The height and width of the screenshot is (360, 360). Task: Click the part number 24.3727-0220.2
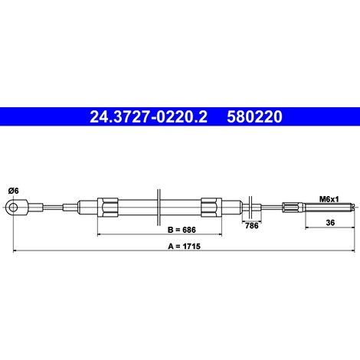(149, 116)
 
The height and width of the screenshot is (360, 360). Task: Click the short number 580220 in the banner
(254, 116)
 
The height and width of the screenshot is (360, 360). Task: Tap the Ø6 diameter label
(14, 191)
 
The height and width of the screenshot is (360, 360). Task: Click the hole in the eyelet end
(13, 207)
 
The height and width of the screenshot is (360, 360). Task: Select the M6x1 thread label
(329, 199)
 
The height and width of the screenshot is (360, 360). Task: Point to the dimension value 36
(330, 223)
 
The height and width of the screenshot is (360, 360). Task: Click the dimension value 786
(251, 226)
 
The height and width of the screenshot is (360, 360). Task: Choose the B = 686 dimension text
(182, 230)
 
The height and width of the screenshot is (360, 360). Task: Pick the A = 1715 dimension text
(184, 246)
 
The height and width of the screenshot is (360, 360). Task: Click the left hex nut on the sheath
(108, 208)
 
